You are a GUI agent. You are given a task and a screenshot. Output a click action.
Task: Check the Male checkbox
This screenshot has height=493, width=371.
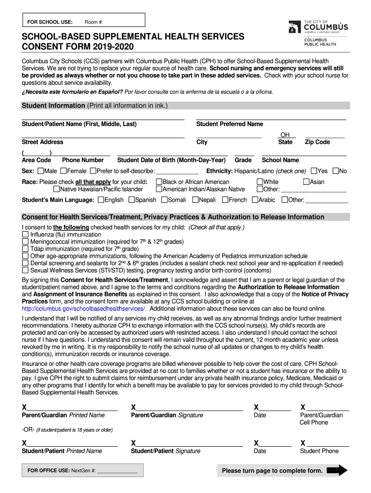pyautogui.click(x=40, y=171)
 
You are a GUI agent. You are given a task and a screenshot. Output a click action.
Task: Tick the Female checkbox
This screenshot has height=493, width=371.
pyautogui.click(x=64, y=171)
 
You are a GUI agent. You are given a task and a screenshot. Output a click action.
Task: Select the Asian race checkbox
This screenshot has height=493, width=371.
pyautogui.click(x=306, y=182)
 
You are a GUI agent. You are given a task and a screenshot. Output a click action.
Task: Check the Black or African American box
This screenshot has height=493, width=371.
pyautogui.click(x=159, y=182)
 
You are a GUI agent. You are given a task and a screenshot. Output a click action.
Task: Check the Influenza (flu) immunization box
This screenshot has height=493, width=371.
pyautogui.click(x=26, y=234)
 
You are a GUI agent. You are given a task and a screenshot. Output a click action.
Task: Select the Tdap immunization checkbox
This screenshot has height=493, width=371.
pyautogui.click(x=26, y=249)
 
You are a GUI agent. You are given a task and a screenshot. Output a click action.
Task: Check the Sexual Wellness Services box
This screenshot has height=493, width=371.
pyautogui.click(x=26, y=271)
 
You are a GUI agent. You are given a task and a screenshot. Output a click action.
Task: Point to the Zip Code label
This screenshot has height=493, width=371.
pyautogui.click(x=317, y=142)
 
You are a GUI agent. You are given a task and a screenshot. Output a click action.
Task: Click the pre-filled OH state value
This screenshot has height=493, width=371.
pyautogui.click(x=285, y=135)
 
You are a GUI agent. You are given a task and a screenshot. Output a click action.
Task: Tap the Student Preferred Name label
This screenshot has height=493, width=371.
pyautogui.click(x=229, y=124)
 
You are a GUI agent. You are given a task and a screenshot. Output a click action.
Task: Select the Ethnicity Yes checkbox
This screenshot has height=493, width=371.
pyautogui.click(x=314, y=171)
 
